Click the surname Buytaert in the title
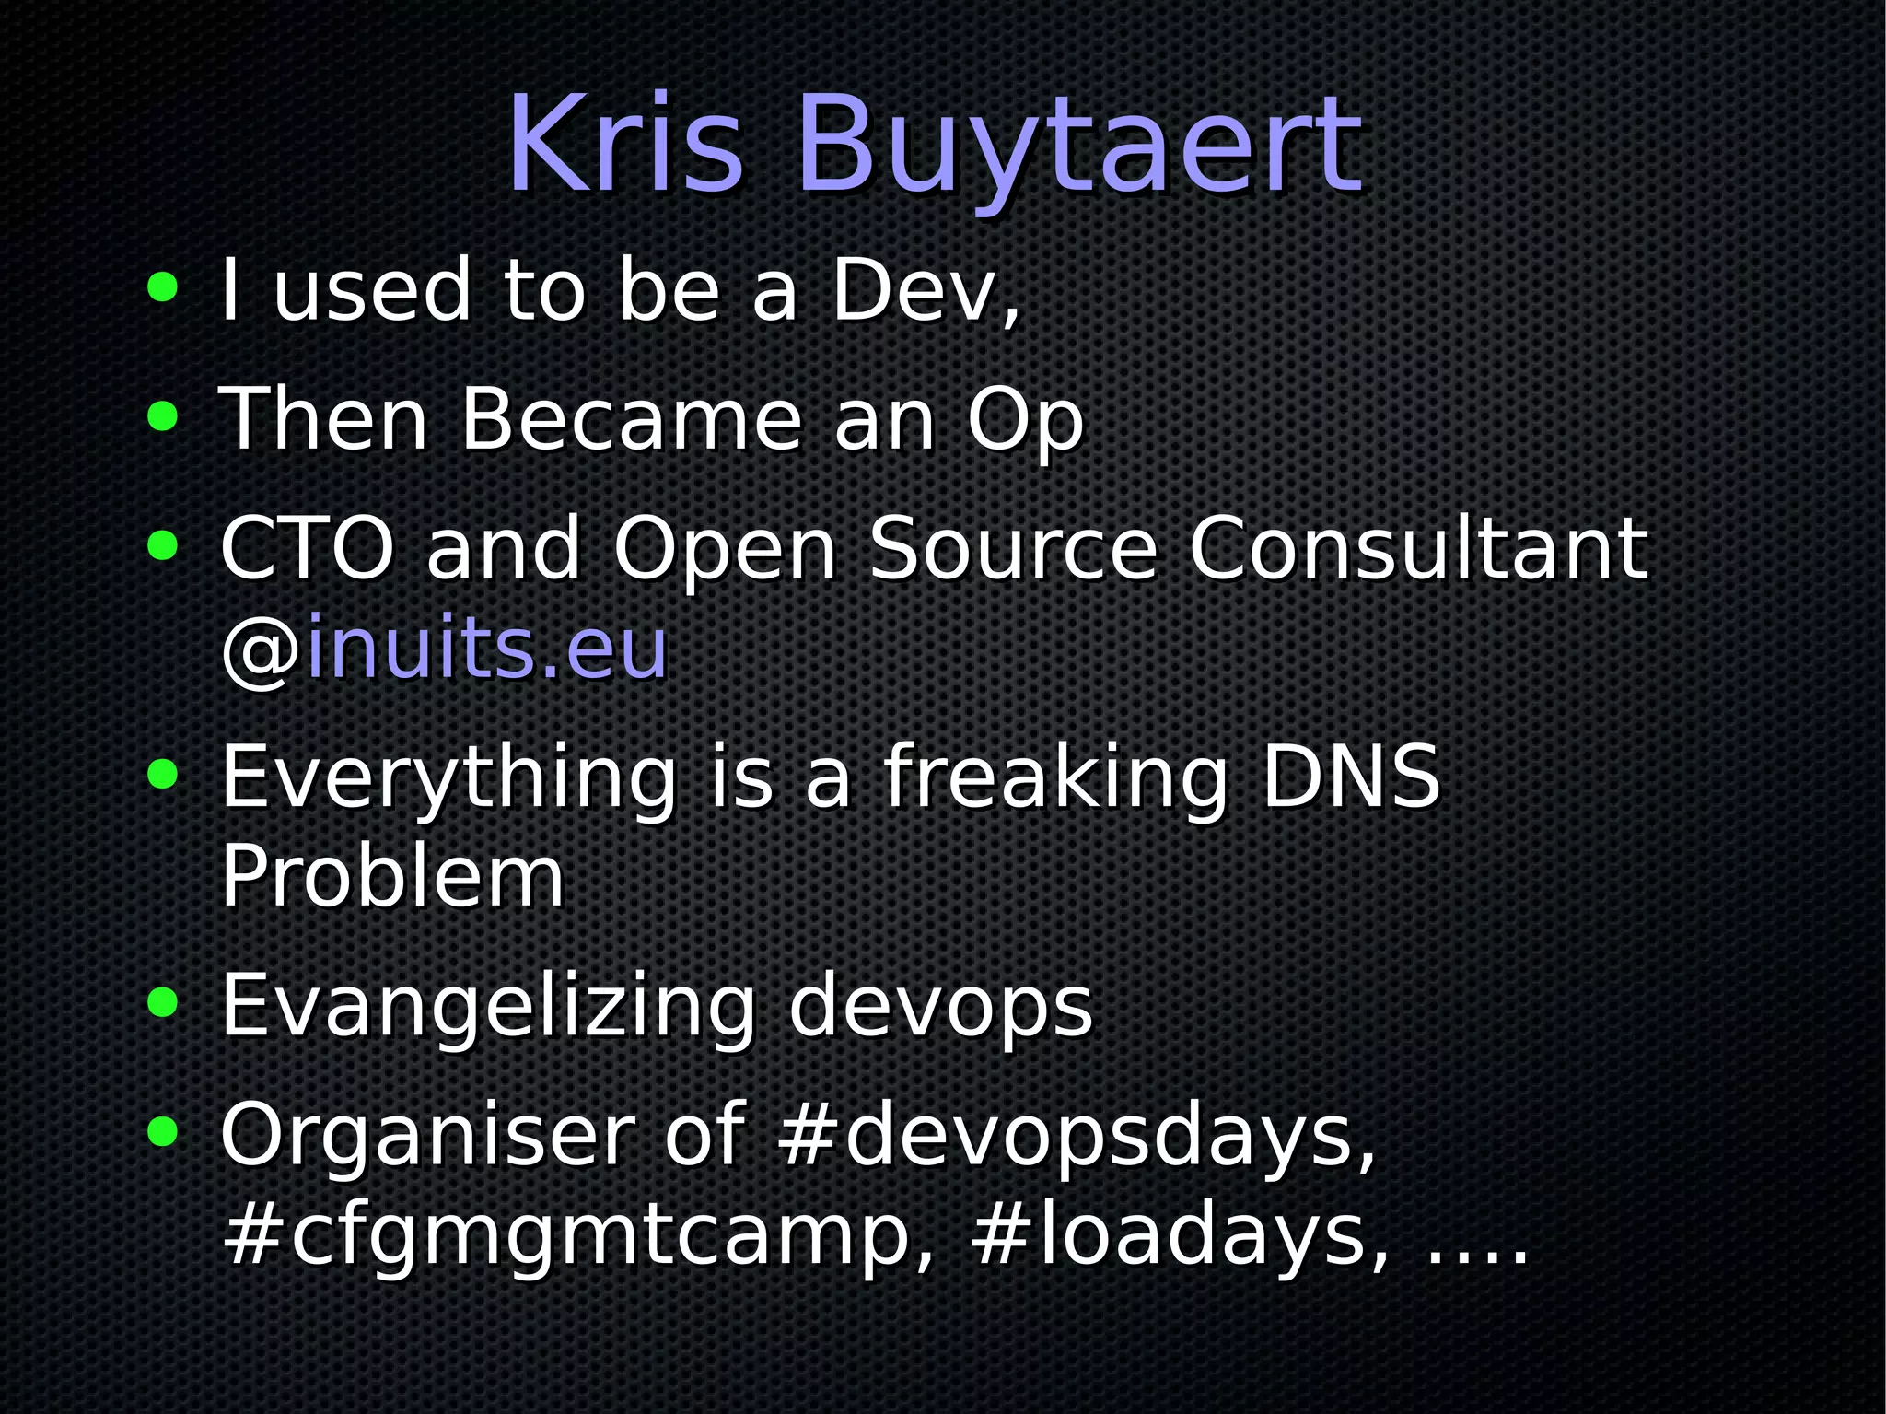click(x=1077, y=147)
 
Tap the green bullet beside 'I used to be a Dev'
click(x=162, y=287)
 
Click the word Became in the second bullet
click(x=632, y=420)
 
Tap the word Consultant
click(x=1417, y=549)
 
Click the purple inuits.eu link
click(x=486, y=649)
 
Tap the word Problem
click(x=392, y=877)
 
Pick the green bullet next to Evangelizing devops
click(x=162, y=1002)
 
